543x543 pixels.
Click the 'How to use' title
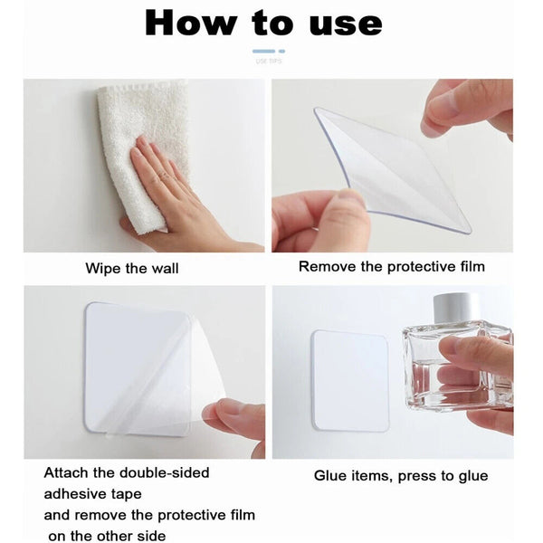click(262, 23)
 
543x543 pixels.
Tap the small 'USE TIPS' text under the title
click(269, 62)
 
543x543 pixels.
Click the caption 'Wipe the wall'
click(132, 268)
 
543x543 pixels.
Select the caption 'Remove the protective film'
click(392, 267)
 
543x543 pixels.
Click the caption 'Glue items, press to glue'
click(401, 475)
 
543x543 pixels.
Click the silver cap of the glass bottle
click(456, 307)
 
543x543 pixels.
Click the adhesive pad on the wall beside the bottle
click(350, 380)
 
